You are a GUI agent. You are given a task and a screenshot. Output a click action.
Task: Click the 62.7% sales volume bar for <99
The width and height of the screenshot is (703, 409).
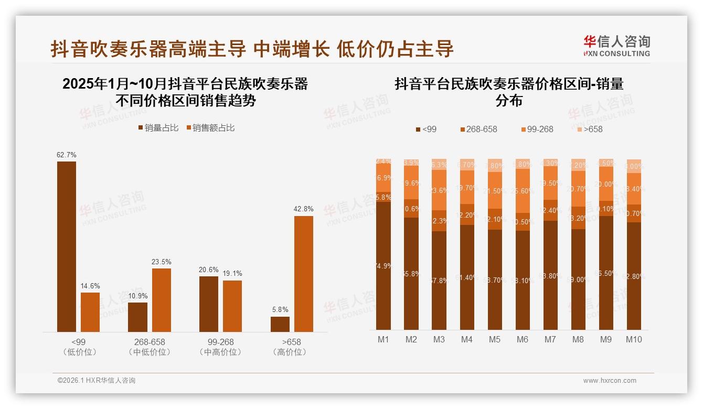pyautogui.click(x=67, y=246)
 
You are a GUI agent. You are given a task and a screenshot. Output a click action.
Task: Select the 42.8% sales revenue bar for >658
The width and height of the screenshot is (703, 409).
pyautogui.click(x=303, y=274)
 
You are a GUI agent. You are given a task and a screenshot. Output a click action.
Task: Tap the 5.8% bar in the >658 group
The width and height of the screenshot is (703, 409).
pyautogui.click(x=280, y=324)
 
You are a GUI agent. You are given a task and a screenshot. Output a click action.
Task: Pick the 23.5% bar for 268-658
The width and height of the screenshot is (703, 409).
pyautogui.click(x=162, y=300)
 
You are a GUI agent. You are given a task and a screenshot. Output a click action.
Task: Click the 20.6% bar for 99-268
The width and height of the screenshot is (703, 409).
pyautogui.click(x=209, y=304)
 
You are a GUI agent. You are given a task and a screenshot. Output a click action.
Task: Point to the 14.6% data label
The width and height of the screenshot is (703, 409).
pyautogui.click(x=90, y=286)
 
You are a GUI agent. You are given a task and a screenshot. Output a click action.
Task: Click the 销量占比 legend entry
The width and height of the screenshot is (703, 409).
pyautogui.click(x=158, y=128)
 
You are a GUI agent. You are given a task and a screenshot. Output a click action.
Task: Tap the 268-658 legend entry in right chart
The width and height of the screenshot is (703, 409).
pyautogui.click(x=478, y=129)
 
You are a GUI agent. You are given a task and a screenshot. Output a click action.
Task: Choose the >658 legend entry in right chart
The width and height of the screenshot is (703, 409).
pyautogui.click(x=589, y=129)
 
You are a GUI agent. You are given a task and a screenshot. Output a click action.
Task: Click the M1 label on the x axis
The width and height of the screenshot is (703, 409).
pyautogui.click(x=384, y=339)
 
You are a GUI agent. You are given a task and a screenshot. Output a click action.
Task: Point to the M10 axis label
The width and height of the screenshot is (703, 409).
pyautogui.click(x=634, y=339)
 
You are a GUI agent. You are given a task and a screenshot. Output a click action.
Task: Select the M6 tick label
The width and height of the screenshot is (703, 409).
pyautogui.click(x=523, y=339)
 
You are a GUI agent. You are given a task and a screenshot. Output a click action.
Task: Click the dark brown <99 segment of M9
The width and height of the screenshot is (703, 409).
pyautogui.click(x=606, y=273)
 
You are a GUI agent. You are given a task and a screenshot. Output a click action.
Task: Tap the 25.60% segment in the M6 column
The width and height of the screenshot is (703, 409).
pyautogui.click(x=523, y=191)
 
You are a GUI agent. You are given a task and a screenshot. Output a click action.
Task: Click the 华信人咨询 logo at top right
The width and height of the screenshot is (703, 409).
pyautogui.click(x=616, y=46)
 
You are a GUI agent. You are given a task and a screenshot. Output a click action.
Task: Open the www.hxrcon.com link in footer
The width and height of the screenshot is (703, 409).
pyautogui.click(x=610, y=381)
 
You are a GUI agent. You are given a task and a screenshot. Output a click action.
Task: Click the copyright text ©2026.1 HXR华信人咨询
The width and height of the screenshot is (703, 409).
pyautogui.click(x=97, y=381)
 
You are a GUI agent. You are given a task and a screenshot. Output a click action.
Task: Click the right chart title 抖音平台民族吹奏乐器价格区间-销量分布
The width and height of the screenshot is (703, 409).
pyautogui.click(x=509, y=92)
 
